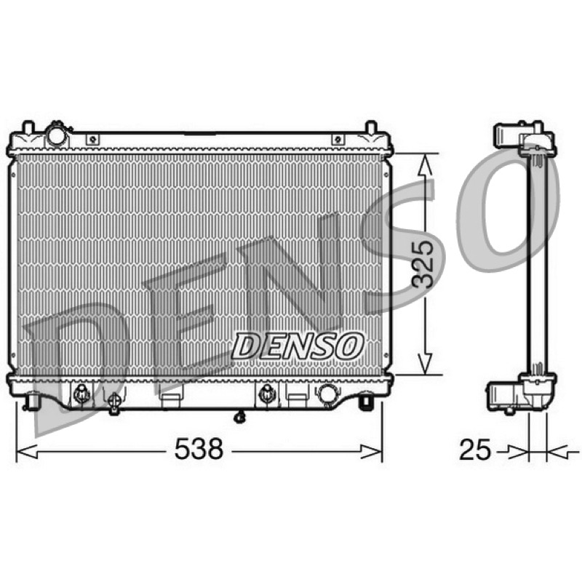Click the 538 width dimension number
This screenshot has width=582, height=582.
click(199, 449)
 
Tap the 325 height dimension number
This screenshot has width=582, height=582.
click(423, 264)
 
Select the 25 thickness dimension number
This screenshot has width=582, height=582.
click(475, 450)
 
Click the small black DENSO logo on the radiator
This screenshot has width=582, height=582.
click(297, 346)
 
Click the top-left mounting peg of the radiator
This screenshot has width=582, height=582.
click(28, 127)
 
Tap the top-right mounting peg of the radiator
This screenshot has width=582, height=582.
click(371, 127)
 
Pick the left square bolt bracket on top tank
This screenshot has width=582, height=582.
click(93, 140)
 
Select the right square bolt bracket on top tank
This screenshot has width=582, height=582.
click(338, 140)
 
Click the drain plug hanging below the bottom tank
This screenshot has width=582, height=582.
click(240, 417)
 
